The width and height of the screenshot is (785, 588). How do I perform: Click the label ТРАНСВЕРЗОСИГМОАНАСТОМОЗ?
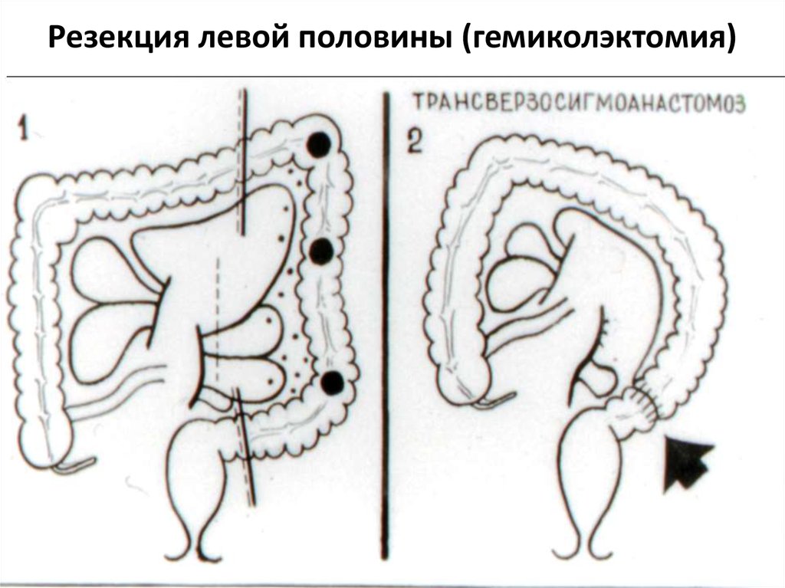pos(579,103)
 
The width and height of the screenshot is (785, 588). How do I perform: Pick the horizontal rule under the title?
pos(392,77)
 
